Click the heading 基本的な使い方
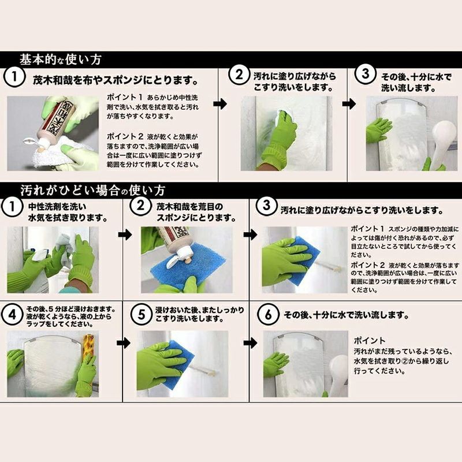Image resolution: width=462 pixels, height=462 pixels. coord(61,58)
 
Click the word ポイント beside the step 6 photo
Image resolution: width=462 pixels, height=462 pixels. coord(370,341)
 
